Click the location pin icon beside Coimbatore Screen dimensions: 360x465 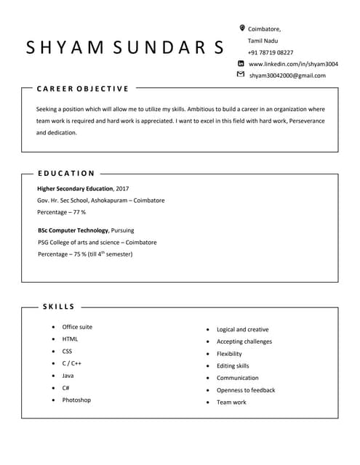pos(242,28)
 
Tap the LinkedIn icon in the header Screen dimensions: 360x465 pos(241,63)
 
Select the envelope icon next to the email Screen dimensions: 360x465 pos(241,75)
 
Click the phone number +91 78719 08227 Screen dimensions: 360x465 pos(271,52)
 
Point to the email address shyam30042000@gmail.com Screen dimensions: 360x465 pos(287,76)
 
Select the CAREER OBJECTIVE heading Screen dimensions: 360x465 pos(82,89)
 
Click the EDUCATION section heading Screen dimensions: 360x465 pos(66,174)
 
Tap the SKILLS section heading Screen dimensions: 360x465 pos(59,307)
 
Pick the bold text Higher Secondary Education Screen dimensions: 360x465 pos(75,188)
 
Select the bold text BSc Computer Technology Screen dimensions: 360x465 pos(71,230)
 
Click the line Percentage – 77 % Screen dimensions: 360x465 pos(61,212)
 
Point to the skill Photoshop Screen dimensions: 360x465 pos(76,400)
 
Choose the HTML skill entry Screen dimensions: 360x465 pos(70,339)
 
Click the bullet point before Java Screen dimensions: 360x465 pos(53,376)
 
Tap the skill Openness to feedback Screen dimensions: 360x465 pos(246,390)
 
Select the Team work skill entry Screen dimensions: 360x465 pos(231,403)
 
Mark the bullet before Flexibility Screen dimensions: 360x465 pos(208,354)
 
